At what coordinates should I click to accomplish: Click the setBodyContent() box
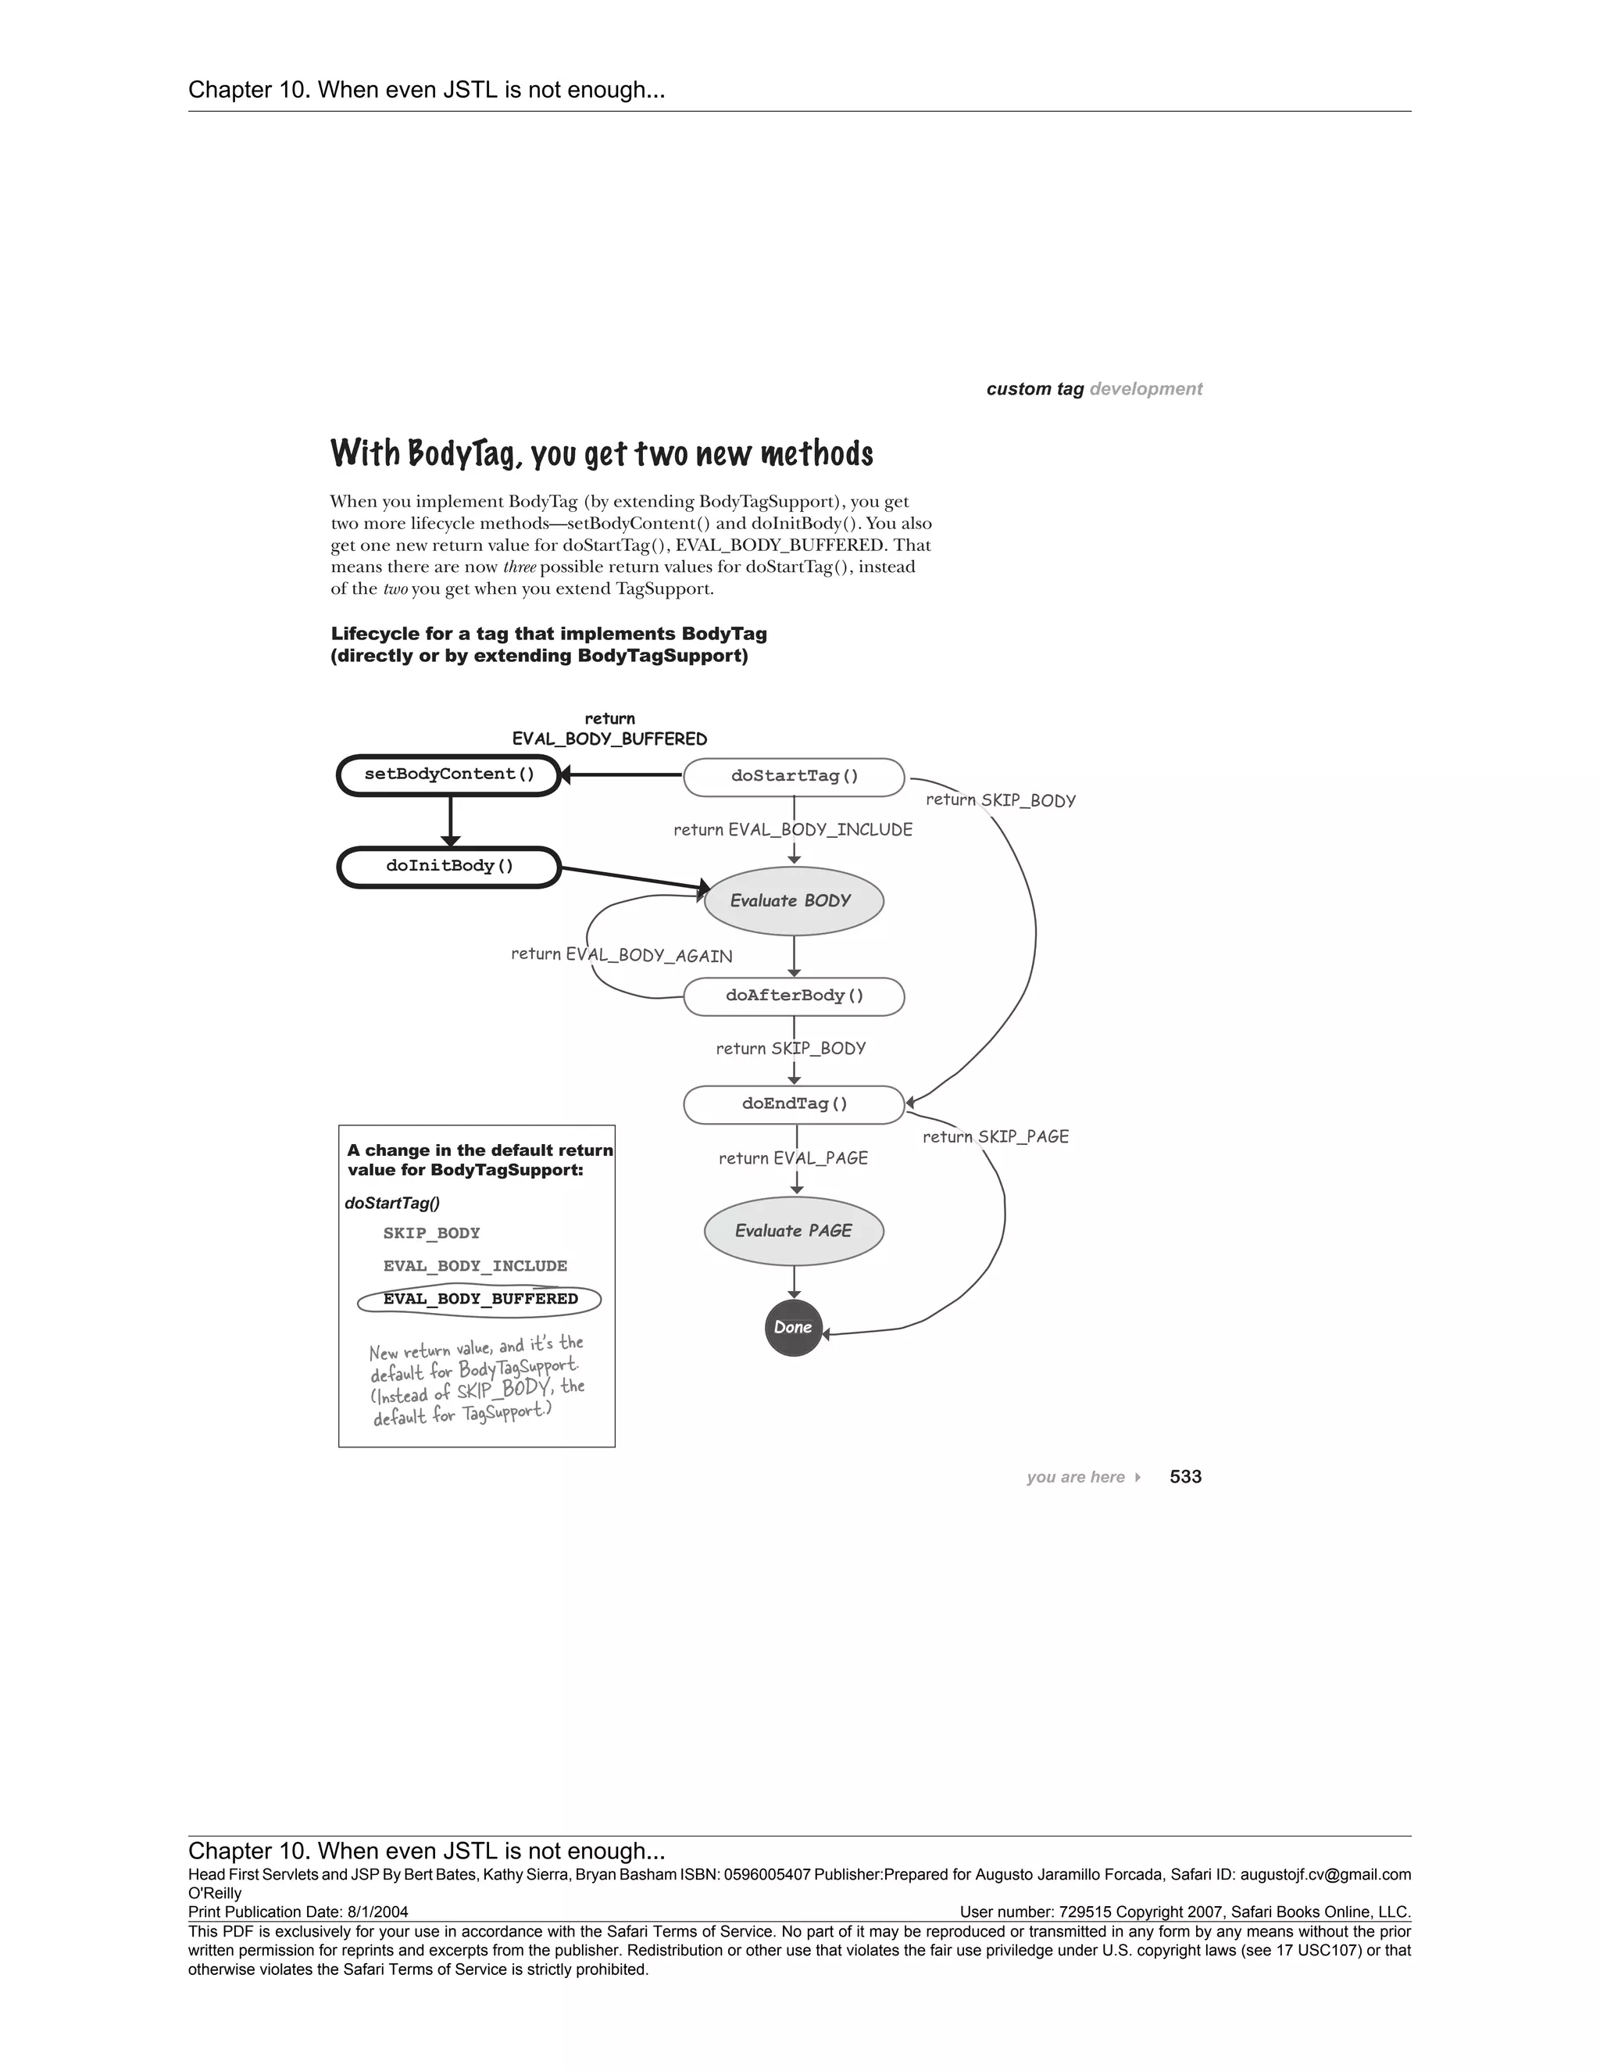coord(449,774)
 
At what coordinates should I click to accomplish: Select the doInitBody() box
coord(449,867)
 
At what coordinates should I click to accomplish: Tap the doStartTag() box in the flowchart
coord(795,777)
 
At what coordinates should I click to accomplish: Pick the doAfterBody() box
coord(795,996)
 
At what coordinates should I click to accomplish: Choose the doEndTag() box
coord(795,1103)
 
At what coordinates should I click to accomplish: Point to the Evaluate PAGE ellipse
coord(794,1231)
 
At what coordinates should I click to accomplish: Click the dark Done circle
coord(792,1328)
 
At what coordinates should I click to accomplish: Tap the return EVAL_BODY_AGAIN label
coord(622,955)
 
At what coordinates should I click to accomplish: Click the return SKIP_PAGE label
coord(995,1136)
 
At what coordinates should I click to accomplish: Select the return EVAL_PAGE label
coord(794,1158)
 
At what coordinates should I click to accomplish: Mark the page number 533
coord(1185,1476)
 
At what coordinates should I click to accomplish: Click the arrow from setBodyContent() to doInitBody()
coord(450,821)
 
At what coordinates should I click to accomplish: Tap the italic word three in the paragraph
coord(520,567)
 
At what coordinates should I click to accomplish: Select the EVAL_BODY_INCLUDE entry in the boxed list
coord(475,1266)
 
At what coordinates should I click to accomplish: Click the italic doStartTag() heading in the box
coord(392,1203)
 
